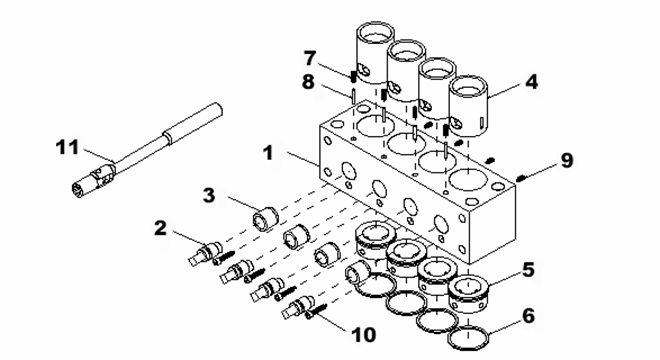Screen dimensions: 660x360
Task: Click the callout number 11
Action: pyautogui.click(x=67, y=147)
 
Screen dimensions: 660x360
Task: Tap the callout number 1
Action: pyautogui.click(x=269, y=152)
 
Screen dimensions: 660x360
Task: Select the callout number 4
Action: pyautogui.click(x=532, y=81)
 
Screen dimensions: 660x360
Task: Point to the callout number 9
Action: pyautogui.click(x=567, y=160)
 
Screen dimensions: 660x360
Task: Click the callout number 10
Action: pyautogui.click(x=364, y=335)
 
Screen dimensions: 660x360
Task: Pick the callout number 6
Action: pyautogui.click(x=528, y=315)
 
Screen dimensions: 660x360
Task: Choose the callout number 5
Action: pyautogui.click(x=528, y=270)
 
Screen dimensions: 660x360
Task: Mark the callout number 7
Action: pyautogui.click(x=310, y=58)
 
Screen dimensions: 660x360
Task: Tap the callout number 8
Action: pyautogui.click(x=308, y=82)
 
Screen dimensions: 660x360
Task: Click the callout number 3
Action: pyautogui.click(x=209, y=196)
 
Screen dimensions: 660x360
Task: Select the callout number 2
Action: pyautogui.click(x=160, y=229)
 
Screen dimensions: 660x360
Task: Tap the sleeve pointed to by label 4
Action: pyautogui.click(x=469, y=107)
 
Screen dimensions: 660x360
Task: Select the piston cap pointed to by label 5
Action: pyautogui.click(x=469, y=294)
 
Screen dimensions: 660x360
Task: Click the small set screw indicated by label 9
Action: pyautogui.click(x=521, y=178)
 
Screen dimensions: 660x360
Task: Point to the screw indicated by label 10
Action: pyautogui.click(x=316, y=311)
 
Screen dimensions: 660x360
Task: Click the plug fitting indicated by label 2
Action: pyautogui.click(x=204, y=253)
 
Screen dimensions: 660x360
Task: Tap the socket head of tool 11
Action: pyautogui.click(x=92, y=180)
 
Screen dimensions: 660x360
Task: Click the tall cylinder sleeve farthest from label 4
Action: pyautogui.click(x=375, y=53)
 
